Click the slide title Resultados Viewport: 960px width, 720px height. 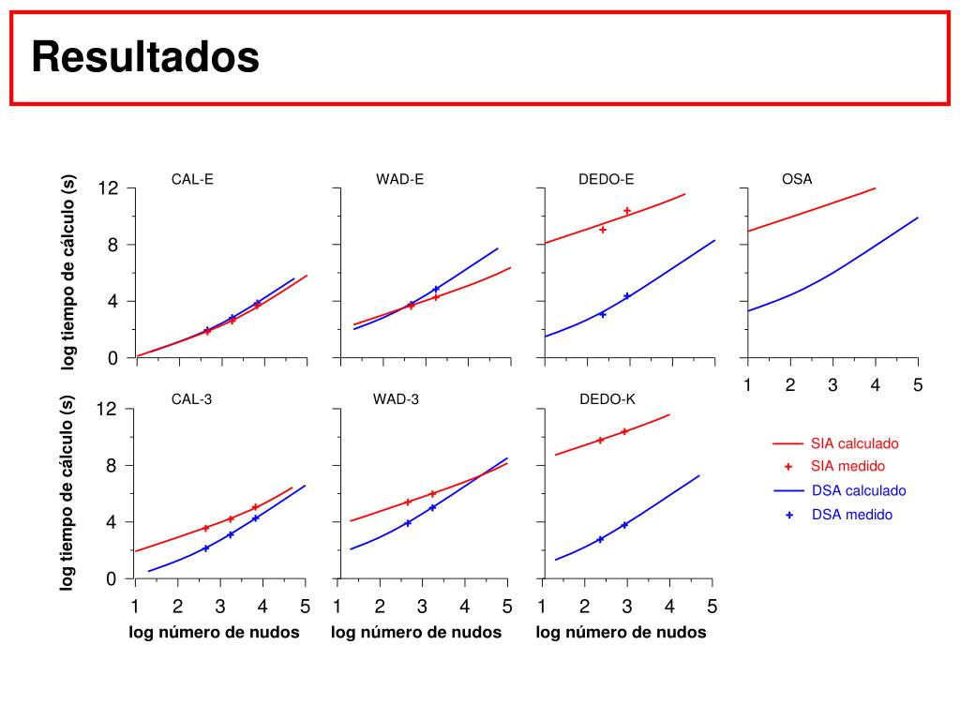point(145,58)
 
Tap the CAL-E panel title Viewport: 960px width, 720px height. point(192,179)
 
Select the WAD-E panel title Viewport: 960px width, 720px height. point(400,179)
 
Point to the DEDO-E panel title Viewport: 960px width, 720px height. point(607,179)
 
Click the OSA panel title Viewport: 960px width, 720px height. point(797,179)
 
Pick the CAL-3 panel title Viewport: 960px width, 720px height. point(192,399)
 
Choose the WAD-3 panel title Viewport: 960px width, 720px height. point(396,399)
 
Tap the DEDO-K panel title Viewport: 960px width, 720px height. point(607,399)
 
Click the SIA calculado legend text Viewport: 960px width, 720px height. point(855,443)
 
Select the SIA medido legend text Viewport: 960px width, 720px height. point(848,466)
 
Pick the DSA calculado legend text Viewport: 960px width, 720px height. point(859,490)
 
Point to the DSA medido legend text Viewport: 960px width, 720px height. point(852,515)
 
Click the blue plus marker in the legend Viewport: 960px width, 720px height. point(789,515)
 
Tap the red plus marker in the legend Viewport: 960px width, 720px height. point(788,466)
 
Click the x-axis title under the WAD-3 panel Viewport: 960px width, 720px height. point(416,633)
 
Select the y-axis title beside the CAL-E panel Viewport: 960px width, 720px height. point(68,272)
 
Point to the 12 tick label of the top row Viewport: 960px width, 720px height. point(108,188)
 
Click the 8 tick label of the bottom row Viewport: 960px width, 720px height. point(112,466)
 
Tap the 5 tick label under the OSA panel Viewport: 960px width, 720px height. point(918,385)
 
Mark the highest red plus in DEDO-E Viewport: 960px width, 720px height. point(627,211)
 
